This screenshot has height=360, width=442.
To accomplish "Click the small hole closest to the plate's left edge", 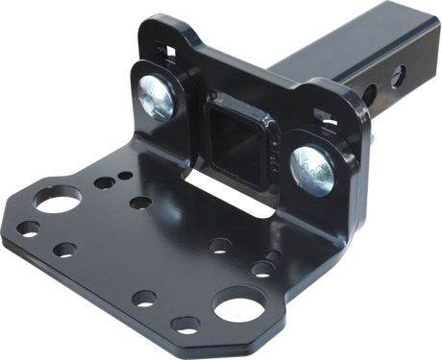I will coord(30,228).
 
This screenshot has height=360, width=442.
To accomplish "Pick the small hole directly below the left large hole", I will coord(64,249).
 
